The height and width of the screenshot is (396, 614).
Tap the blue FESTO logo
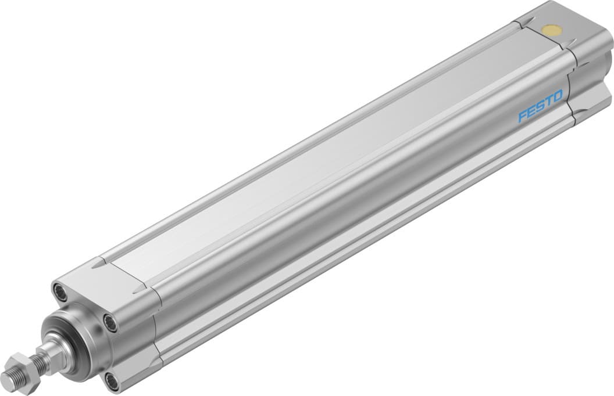[531, 106]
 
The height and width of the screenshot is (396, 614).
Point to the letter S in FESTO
[532, 106]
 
